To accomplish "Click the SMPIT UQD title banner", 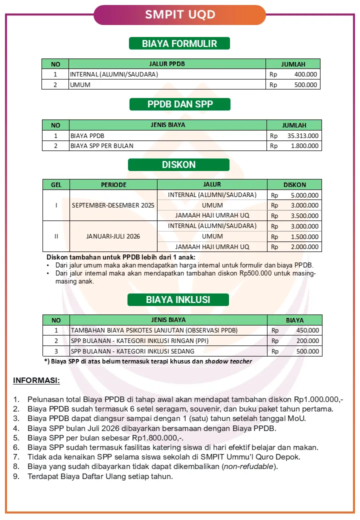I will point(180,15).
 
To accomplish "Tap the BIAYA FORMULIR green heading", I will point(179,43).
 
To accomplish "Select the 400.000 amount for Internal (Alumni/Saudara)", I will point(305,74).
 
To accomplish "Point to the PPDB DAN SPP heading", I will point(179,104).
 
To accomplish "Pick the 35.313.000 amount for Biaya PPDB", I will point(303,135).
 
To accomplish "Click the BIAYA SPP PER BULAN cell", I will point(102,146).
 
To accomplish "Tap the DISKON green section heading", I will point(178,165).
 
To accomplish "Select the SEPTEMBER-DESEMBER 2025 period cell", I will point(113,205).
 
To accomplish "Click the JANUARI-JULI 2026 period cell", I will point(113,236).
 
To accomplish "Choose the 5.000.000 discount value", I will point(304,195).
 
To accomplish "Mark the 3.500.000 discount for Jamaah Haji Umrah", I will point(304,216).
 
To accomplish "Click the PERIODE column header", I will point(113,184).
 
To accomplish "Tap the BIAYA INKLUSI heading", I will point(178,300).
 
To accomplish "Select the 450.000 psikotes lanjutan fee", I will point(307,330).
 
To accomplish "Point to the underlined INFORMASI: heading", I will point(36,381).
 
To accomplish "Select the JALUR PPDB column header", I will point(167,64).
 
